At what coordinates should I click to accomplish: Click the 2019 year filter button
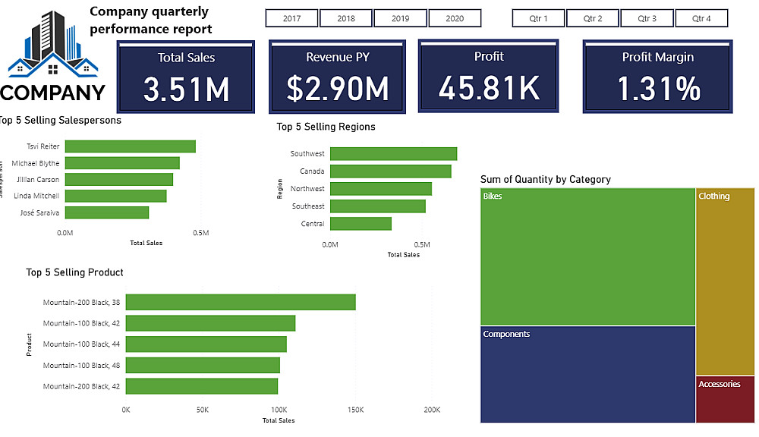coord(400,18)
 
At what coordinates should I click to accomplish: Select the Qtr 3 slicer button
coord(647,18)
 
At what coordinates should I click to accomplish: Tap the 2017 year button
coord(291,18)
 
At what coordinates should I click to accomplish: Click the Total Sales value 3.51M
coord(186,90)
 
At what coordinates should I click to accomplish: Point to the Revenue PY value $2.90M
coord(338,89)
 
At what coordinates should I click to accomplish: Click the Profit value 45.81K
coord(489,88)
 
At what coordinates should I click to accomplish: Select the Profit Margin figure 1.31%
coord(658,89)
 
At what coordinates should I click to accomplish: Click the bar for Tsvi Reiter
coord(130,146)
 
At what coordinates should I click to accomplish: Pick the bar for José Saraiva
coord(106,212)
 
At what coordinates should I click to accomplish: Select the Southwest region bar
coord(393,153)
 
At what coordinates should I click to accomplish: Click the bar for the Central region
coord(361,224)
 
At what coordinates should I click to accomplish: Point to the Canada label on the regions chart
coord(312,171)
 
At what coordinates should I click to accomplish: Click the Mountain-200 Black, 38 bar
coord(240,302)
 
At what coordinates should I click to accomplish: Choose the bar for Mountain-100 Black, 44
coord(206,344)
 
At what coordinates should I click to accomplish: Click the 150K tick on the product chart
coord(355,410)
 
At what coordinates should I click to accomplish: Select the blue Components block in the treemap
coord(587,373)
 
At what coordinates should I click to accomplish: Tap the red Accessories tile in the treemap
coord(726,399)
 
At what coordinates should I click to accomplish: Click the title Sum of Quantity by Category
coord(545,180)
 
